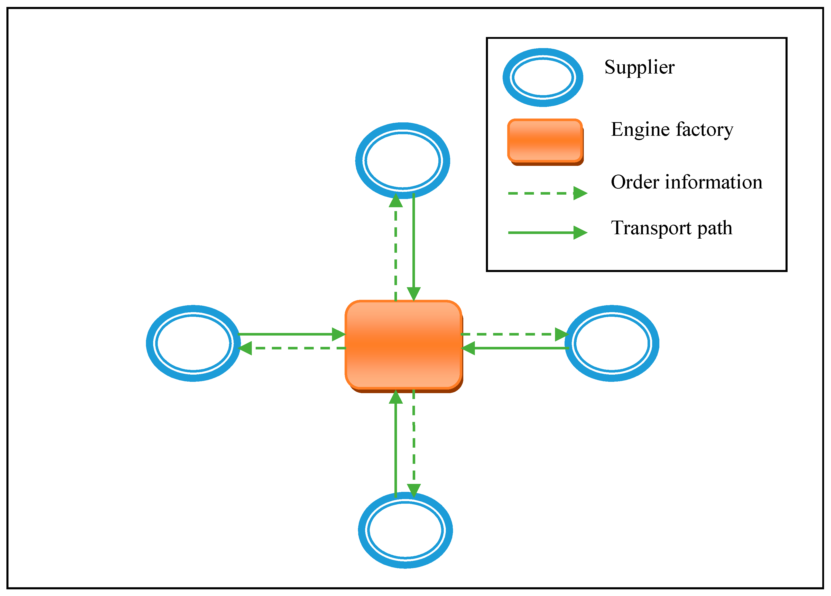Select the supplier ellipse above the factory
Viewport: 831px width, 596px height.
[402, 160]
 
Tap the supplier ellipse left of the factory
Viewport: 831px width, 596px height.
[193, 343]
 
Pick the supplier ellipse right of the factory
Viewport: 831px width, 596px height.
[612, 343]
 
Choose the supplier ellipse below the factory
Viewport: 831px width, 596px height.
[405, 530]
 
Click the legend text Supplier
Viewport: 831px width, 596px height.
[639, 67]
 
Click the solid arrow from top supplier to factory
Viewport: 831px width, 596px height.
[414, 246]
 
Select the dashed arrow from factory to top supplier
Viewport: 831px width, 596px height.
[396, 249]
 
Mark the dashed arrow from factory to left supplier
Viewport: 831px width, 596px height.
[293, 348]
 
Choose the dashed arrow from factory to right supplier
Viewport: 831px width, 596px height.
[513, 334]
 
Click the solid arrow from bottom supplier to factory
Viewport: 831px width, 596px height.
[396, 444]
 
